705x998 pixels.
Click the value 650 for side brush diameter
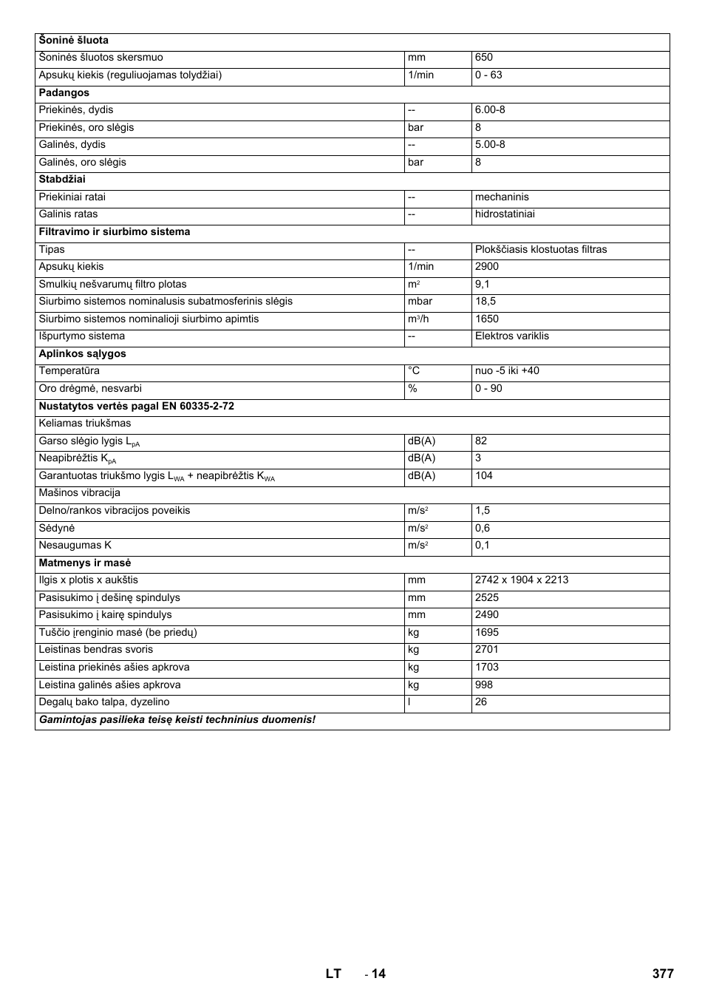(x=484, y=58)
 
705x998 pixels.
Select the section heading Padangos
(x=64, y=92)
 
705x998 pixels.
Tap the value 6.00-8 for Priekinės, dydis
(x=490, y=110)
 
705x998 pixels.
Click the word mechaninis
(x=502, y=197)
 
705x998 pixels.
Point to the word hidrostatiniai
(x=505, y=214)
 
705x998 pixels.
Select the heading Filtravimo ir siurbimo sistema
(x=115, y=232)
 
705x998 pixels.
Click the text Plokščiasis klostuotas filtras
(x=541, y=250)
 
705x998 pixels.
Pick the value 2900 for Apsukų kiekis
(x=487, y=267)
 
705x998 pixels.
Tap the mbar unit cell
(x=420, y=302)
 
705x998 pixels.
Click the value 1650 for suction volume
(x=487, y=319)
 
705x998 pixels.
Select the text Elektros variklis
(x=512, y=336)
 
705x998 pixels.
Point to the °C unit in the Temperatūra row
(x=414, y=371)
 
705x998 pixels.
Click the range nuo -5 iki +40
(x=507, y=371)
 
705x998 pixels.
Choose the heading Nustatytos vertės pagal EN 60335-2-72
(x=137, y=407)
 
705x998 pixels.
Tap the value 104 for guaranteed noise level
(x=484, y=476)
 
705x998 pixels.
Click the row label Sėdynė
(x=57, y=529)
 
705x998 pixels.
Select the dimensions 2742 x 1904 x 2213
(x=522, y=580)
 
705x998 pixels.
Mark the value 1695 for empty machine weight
(x=487, y=633)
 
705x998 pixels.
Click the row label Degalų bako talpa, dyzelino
(x=104, y=702)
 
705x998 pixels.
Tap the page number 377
(x=663, y=974)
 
